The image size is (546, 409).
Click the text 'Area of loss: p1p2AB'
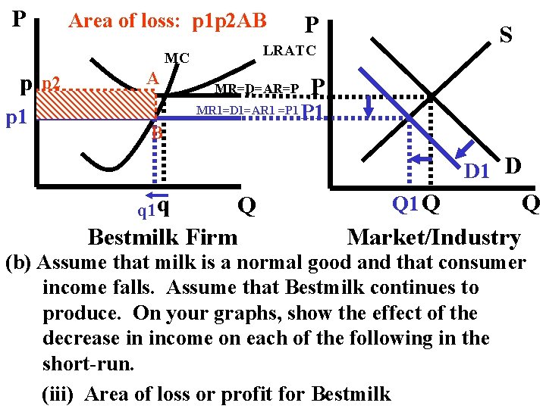coord(167,21)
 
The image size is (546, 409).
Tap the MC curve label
coord(177,58)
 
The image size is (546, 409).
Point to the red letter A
coord(152,79)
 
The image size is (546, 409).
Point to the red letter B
coord(156,133)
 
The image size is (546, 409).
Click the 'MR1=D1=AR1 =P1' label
coord(248,111)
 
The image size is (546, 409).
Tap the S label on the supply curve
coord(505,34)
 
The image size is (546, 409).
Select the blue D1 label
coord(476,171)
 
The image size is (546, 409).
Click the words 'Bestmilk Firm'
coord(162,237)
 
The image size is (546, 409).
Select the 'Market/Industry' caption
coord(434,237)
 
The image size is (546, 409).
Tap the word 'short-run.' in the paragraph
coord(89,364)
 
